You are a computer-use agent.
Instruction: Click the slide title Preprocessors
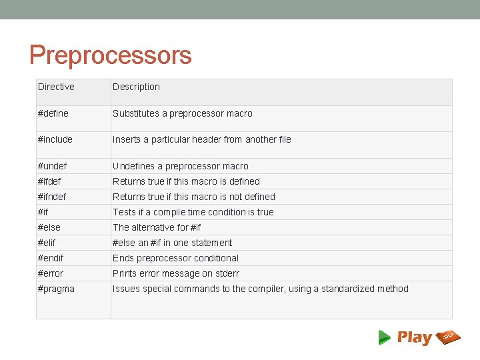tap(110, 55)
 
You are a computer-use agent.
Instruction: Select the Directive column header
tap(56, 87)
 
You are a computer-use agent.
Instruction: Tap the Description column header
tap(136, 87)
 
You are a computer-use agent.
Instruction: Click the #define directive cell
tap(53, 113)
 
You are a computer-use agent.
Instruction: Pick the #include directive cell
tap(55, 139)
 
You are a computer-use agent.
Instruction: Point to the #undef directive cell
tap(53, 166)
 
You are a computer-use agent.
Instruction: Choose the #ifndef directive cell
tap(52, 197)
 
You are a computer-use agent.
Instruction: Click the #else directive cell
tap(49, 227)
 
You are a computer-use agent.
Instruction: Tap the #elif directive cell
tap(47, 243)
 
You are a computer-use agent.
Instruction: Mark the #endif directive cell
tap(51, 258)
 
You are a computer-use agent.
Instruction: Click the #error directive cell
tap(51, 273)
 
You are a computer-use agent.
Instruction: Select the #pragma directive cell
tap(56, 289)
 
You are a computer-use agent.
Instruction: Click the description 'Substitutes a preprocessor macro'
tap(183, 113)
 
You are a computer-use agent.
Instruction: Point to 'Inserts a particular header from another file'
tap(201, 139)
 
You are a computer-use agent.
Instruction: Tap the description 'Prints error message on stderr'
tap(176, 273)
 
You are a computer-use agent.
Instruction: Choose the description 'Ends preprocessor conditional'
tap(175, 258)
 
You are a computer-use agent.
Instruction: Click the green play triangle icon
tap(384, 337)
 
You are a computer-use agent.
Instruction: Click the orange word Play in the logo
tap(415, 338)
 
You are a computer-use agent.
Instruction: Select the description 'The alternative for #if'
tap(157, 227)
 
